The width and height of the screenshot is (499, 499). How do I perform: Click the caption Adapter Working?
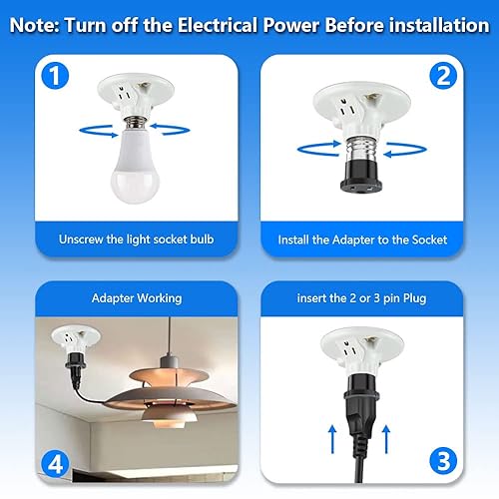pos(137,297)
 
